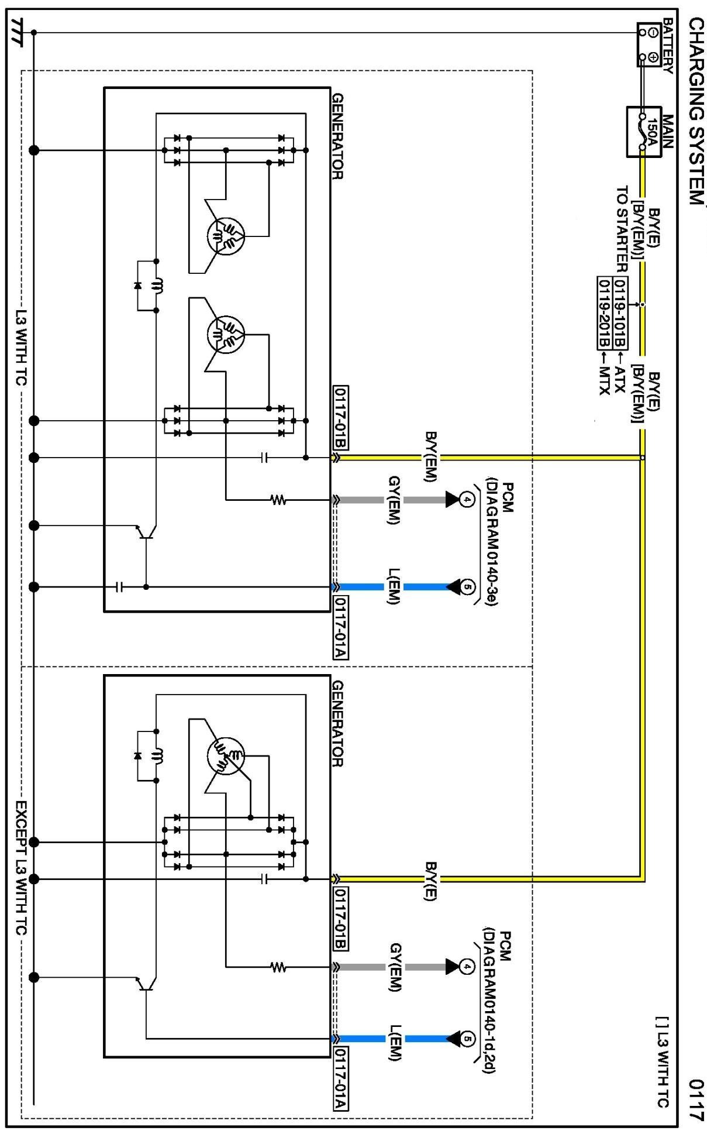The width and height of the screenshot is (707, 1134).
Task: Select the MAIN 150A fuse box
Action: tap(644, 132)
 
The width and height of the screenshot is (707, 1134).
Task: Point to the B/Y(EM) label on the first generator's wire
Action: tap(430, 457)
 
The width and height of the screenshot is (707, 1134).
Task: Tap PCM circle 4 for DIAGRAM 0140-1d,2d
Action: tap(466, 967)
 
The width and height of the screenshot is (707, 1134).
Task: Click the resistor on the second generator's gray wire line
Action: tap(278, 967)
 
